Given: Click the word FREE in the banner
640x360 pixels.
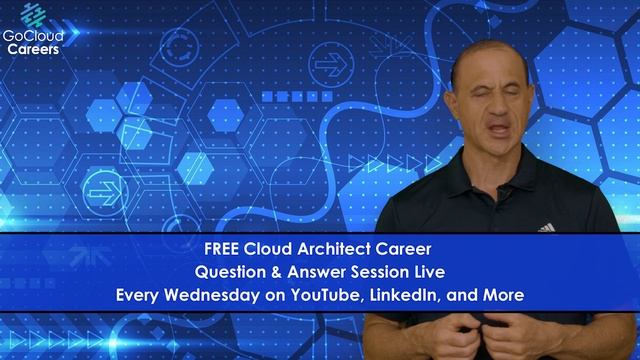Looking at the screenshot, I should coord(221,248).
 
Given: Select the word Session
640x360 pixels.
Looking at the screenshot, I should coord(379,271).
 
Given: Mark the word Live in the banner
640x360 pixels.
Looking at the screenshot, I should coord(428,271).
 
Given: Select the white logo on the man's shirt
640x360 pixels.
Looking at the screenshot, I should coord(545,227).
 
